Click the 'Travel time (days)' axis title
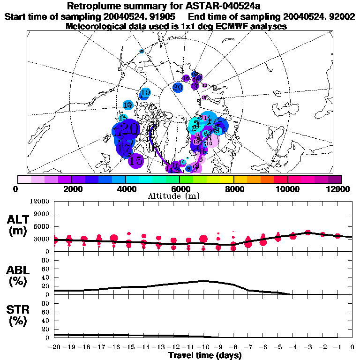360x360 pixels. point(205,355)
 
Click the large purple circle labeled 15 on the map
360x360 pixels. point(136,160)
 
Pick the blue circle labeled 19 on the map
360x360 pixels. point(145,93)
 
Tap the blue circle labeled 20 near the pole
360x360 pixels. point(178,87)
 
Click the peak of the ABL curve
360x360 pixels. point(202,281)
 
